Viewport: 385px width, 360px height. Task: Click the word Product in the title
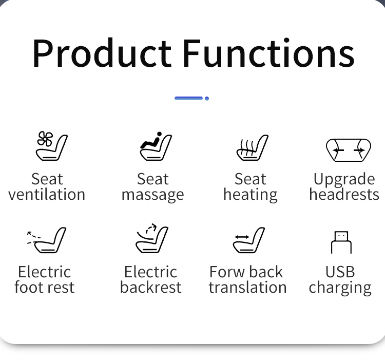pyautogui.click(x=102, y=52)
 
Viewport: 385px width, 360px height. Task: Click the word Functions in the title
pyautogui.click(x=269, y=52)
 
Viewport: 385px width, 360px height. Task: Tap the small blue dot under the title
pyautogui.click(x=207, y=99)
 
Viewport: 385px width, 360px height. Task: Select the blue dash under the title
pyautogui.click(x=188, y=98)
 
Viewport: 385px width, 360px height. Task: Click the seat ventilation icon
pyautogui.click(x=51, y=146)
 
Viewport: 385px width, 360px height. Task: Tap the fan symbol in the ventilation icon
pyautogui.click(x=45, y=139)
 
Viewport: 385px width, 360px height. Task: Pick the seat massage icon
pyautogui.click(x=156, y=146)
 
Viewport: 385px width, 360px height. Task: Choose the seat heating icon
pyautogui.click(x=252, y=147)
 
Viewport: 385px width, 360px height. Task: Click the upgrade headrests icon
pyautogui.click(x=349, y=150)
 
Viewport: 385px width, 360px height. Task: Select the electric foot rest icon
pyautogui.click(x=46, y=240)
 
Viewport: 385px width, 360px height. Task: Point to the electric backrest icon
pyautogui.click(x=152, y=238)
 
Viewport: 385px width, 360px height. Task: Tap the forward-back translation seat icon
pyautogui.click(x=249, y=240)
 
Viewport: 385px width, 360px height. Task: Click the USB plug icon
pyautogui.click(x=341, y=242)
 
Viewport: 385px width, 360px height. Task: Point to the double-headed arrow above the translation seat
pyautogui.click(x=242, y=237)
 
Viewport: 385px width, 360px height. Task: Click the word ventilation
pyautogui.click(x=47, y=194)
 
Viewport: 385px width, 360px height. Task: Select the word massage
pyautogui.click(x=153, y=196)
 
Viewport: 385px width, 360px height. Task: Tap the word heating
pyautogui.click(x=251, y=195)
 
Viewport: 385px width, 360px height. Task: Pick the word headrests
pyautogui.click(x=344, y=194)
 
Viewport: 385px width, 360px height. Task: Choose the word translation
pyautogui.click(x=247, y=287)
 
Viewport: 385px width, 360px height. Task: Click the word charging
pyautogui.click(x=340, y=288)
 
